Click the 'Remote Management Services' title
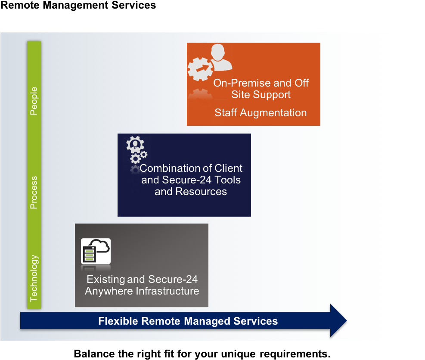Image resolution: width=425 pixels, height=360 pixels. (x=78, y=5)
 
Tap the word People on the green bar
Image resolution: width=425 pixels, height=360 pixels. (x=34, y=101)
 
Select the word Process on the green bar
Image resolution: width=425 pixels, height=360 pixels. (x=34, y=192)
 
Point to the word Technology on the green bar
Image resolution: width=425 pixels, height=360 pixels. (x=34, y=279)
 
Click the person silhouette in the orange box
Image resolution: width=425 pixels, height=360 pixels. (x=220, y=57)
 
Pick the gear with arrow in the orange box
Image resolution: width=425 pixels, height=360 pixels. (x=200, y=69)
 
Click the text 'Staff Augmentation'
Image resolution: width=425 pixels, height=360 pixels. (x=261, y=113)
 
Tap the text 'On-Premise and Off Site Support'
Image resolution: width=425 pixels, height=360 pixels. (x=261, y=89)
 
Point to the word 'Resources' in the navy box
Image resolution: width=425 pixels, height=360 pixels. (x=201, y=192)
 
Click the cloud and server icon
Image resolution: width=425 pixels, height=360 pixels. (x=96, y=251)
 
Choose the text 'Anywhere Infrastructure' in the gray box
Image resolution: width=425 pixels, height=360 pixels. (x=142, y=291)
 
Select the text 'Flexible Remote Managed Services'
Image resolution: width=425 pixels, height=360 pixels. (x=188, y=321)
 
